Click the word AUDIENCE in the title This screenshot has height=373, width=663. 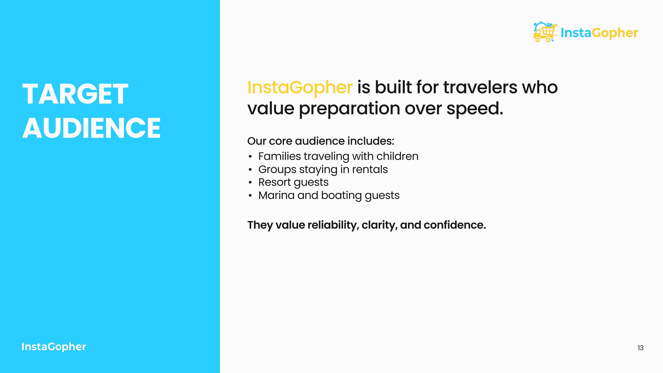(91, 128)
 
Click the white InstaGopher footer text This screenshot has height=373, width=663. (54, 347)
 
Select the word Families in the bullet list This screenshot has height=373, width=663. (279, 156)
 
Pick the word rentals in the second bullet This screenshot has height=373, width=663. (370, 169)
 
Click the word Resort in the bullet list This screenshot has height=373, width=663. (274, 182)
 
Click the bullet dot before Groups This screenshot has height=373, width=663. (250, 170)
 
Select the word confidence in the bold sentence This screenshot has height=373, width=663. (454, 225)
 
